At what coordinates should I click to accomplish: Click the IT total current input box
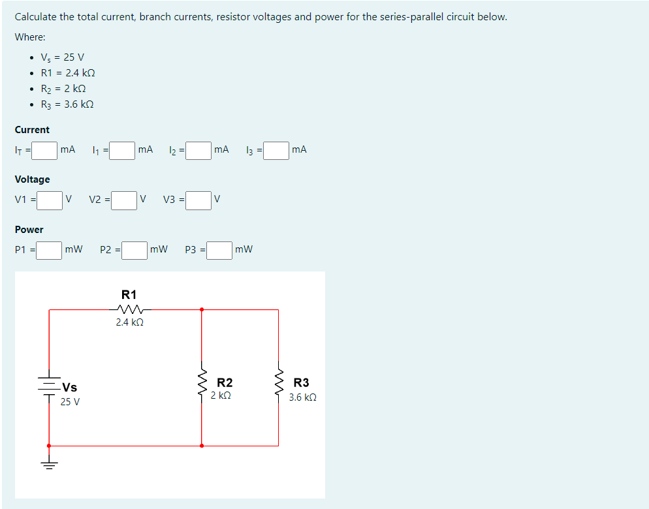click(44, 151)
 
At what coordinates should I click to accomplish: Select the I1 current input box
click(122, 151)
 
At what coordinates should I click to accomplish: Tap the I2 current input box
click(198, 151)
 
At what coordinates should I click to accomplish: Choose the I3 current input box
click(276, 151)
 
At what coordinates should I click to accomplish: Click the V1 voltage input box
click(49, 200)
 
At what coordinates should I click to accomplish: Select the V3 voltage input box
click(198, 200)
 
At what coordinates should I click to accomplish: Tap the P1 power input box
click(49, 251)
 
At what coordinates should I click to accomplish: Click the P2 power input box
click(134, 251)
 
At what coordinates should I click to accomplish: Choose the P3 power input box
click(219, 251)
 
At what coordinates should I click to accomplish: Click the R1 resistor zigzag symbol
click(129, 309)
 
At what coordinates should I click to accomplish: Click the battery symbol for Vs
click(49, 385)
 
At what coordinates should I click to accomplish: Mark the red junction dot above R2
click(201, 309)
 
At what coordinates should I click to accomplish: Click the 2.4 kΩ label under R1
click(129, 322)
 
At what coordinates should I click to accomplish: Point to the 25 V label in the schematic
click(70, 401)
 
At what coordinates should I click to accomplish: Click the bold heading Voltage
click(32, 179)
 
